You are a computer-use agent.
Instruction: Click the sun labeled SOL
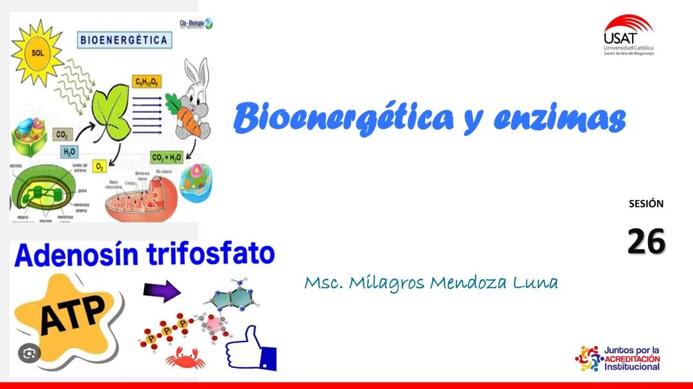37,52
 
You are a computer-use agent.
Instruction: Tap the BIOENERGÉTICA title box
124,40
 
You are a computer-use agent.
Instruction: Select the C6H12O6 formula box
147,81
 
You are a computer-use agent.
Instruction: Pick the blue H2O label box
69,152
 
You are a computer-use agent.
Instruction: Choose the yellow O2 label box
100,167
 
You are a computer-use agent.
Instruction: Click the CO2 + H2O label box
166,157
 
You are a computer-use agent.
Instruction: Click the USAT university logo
628,35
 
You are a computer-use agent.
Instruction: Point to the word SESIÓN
646,204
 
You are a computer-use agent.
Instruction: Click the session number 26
646,241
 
